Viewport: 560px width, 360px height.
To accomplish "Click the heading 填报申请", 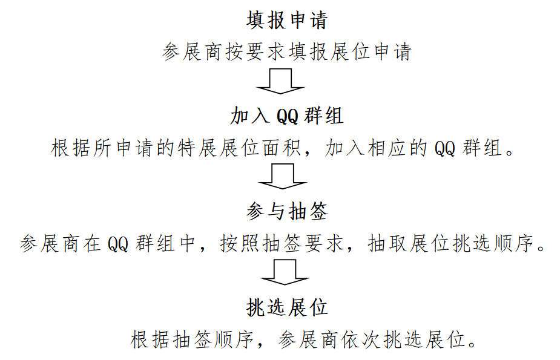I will (x=286, y=20).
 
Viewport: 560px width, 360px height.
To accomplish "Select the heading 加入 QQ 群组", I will (x=286, y=116).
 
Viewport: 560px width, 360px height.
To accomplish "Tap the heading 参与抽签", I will (x=286, y=212).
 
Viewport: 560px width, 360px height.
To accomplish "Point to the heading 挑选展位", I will (x=286, y=307).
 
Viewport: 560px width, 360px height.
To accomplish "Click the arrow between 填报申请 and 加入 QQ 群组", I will (x=279, y=82).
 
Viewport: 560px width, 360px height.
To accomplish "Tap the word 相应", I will (x=387, y=148).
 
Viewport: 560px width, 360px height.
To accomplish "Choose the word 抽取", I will (x=387, y=244).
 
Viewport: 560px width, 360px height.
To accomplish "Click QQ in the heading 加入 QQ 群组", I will (x=288, y=116).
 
